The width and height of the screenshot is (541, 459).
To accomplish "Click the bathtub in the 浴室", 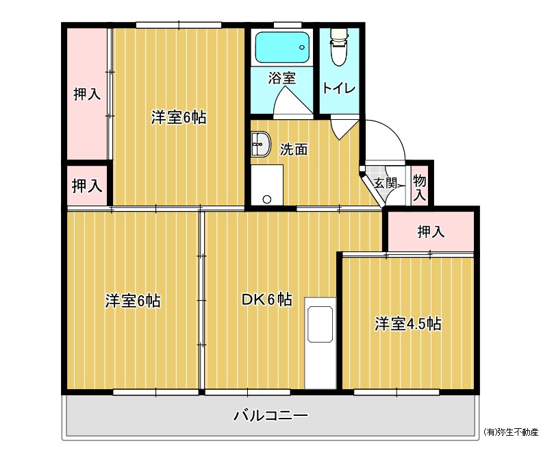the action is tap(281, 47).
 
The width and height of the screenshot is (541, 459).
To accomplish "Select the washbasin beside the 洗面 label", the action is tap(260, 144).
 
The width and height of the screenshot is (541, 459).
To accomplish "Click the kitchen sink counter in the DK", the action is tap(320, 343).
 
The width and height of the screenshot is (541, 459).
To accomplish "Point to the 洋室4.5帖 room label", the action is tap(408, 324).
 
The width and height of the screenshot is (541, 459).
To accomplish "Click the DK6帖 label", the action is tap(266, 299).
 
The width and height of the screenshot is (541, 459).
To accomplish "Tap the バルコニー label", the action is tap(270, 415).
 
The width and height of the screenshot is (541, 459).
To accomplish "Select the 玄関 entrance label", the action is tap(385, 182).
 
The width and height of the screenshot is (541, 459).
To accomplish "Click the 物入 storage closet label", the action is tap(420, 187).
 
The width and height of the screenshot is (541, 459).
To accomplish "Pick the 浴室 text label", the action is tap(282, 78).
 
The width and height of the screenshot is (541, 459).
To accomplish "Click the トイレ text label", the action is tap(339, 88).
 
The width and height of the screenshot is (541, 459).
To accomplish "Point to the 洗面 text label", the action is tap(293, 149).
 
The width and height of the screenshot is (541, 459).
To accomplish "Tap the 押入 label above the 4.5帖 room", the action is tap(431, 232).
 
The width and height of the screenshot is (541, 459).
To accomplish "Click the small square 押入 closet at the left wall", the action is tap(87, 186).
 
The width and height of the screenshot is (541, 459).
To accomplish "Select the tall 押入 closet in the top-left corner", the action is tap(87, 94).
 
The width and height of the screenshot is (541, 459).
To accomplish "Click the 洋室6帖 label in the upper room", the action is tap(179, 117).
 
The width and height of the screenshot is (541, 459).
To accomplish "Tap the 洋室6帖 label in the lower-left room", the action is tap(133, 301).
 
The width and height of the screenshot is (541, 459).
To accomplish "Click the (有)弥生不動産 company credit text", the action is tap(511, 432).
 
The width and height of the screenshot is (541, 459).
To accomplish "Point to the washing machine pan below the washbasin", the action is tap(267, 185).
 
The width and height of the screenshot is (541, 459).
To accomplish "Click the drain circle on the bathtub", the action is tap(302, 47).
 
